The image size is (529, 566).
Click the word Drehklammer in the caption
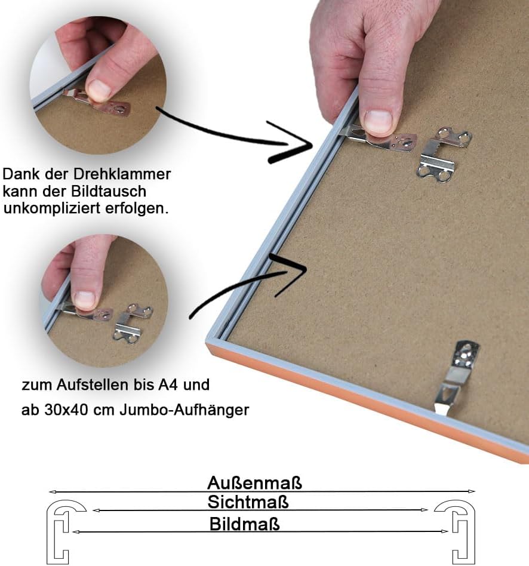[122, 174]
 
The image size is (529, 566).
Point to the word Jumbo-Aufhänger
[184, 410]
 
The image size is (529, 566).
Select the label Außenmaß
[254, 483]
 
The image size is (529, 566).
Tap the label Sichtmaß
[248, 502]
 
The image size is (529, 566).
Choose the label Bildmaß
[244, 524]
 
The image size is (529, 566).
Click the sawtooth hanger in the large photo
[444, 155]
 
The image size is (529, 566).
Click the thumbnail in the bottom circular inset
[85, 299]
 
